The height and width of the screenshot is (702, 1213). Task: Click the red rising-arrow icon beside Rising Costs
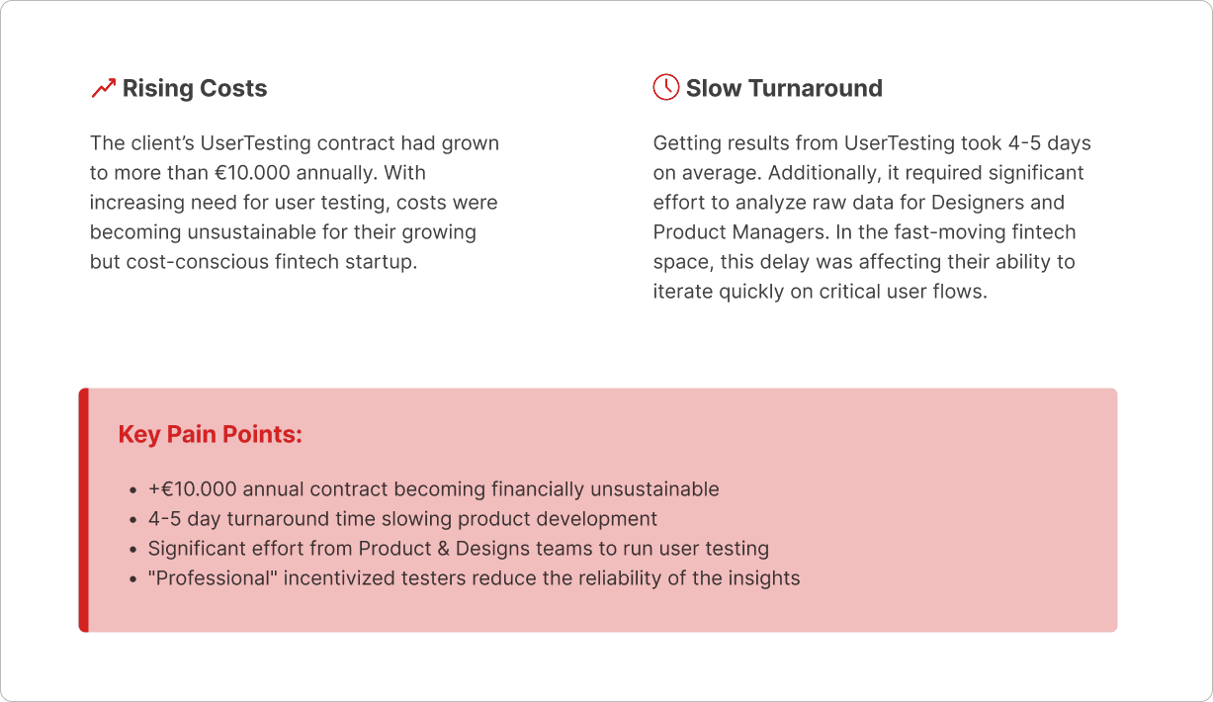(x=103, y=89)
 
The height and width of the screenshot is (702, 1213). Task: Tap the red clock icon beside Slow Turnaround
(x=665, y=87)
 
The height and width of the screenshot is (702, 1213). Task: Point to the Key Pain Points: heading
(x=210, y=434)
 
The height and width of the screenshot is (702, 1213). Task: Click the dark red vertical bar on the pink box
(x=84, y=509)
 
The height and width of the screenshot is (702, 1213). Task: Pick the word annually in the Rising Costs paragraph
(x=335, y=173)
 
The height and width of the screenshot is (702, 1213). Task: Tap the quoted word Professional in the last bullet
(x=213, y=578)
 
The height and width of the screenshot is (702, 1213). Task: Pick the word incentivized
(x=341, y=578)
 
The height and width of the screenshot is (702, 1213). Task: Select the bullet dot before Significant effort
(x=133, y=550)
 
